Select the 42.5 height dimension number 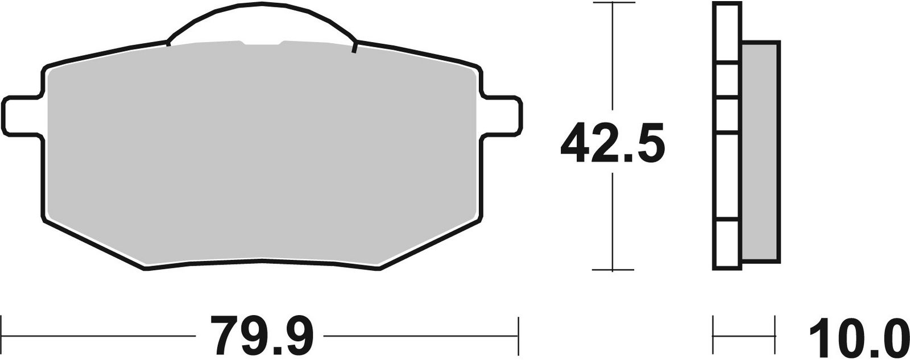(612, 142)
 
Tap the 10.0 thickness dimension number (857, 336)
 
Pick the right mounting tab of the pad (502, 116)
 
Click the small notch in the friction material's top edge (262, 43)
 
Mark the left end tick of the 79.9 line (3, 328)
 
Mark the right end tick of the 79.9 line (519, 328)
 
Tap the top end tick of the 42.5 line (612, 3)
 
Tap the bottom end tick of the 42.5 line (612, 270)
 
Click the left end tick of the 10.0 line (714, 328)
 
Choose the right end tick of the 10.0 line (775, 328)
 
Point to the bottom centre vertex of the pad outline (263, 260)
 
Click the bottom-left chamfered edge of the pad (94, 245)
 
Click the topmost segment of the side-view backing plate (727, 32)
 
